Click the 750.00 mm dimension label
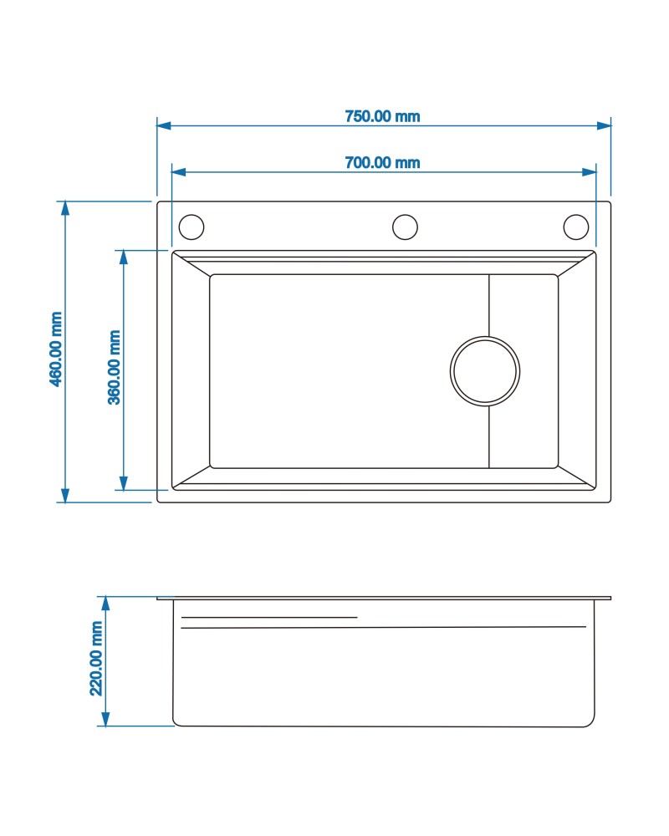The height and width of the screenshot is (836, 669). [x=382, y=116]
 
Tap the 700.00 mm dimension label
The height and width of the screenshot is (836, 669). [x=382, y=163]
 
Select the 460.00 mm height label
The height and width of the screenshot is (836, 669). [x=56, y=349]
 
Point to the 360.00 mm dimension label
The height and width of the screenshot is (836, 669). [x=115, y=367]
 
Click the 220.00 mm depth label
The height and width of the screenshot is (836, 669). [x=96, y=659]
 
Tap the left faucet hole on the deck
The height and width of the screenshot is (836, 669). [x=191, y=215]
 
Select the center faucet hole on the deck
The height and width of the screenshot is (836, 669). [x=405, y=215]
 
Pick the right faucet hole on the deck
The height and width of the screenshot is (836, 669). [x=576, y=215]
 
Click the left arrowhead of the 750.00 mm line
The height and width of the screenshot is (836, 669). [x=163, y=126]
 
